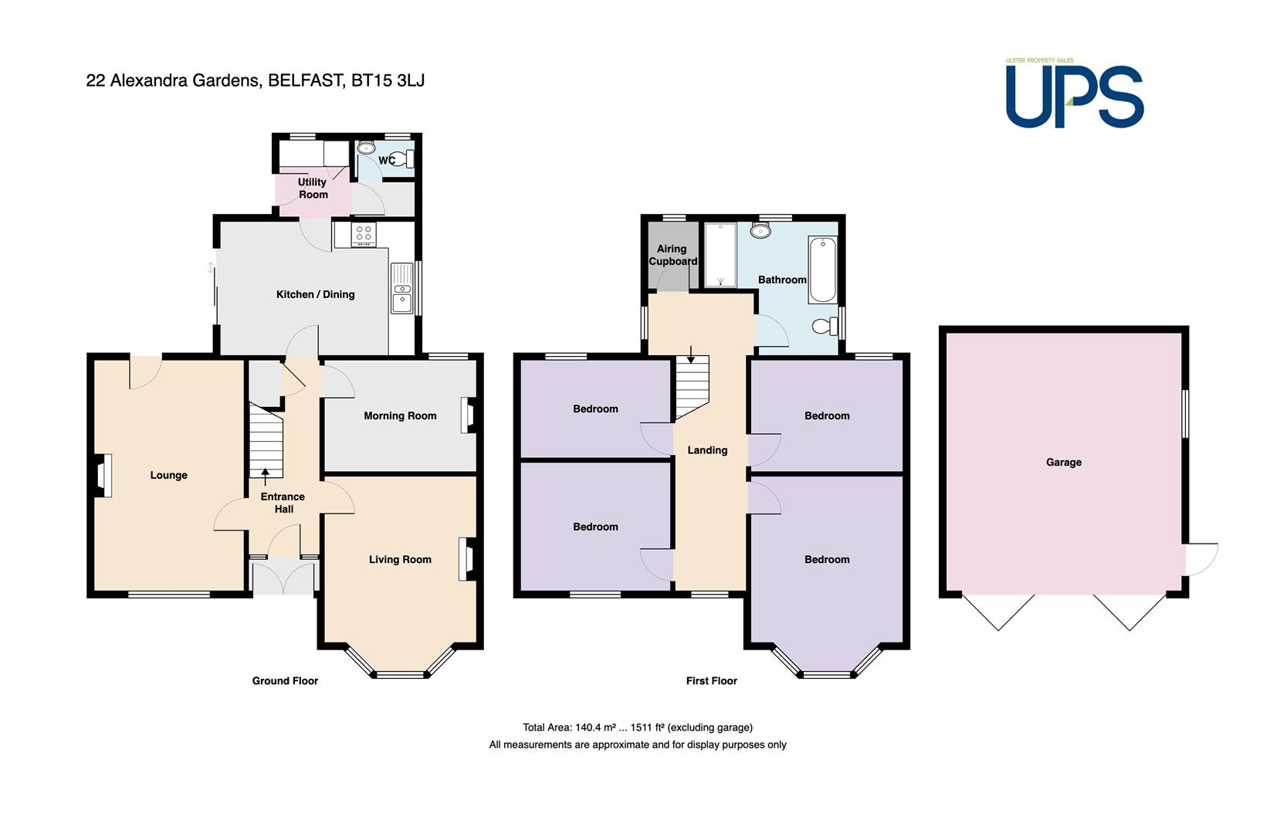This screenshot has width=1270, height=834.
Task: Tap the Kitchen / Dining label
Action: click(x=315, y=294)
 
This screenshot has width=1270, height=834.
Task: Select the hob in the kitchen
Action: click(x=364, y=234)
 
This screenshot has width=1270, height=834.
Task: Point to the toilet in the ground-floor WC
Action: click(x=404, y=158)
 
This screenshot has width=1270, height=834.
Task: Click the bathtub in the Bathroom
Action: click(x=823, y=270)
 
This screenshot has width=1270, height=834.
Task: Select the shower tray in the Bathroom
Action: click(x=720, y=255)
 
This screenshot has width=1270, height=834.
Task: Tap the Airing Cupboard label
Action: click(x=672, y=255)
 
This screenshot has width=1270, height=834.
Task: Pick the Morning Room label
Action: click(x=400, y=415)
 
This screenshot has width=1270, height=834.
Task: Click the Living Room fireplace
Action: click(x=468, y=559)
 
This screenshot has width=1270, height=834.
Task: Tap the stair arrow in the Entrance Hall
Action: click(x=266, y=476)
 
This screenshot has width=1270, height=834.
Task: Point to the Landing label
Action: click(x=707, y=450)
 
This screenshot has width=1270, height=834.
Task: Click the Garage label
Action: click(x=1064, y=462)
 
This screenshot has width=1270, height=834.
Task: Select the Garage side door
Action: click(x=1201, y=560)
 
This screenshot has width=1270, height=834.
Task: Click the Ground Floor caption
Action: click(x=285, y=681)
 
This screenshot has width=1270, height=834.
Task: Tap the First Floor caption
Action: click(x=712, y=681)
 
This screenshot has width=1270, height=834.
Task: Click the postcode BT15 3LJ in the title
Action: click(x=388, y=80)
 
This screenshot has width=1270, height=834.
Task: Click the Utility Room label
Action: click(x=313, y=188)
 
